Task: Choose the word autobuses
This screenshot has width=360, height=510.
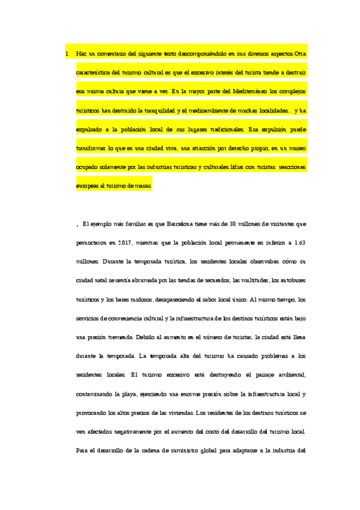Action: click(290, 280)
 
